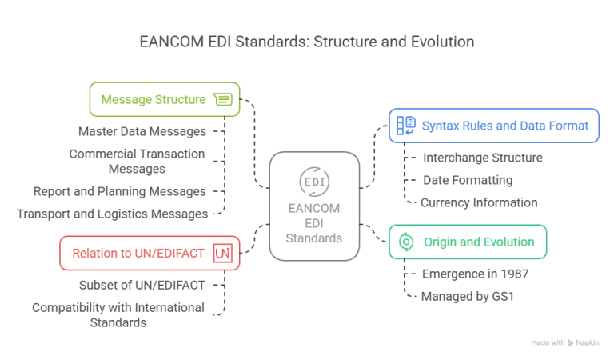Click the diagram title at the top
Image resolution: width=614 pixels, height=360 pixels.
(307, 42)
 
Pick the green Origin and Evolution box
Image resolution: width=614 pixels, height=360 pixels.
(468, 242)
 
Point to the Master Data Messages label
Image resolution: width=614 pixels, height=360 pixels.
(142, 130)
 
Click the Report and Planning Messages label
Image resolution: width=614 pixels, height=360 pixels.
(120, 191)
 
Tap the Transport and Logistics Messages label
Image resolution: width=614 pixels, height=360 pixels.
(112, 214)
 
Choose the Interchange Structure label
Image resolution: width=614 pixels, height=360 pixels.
(483, 158)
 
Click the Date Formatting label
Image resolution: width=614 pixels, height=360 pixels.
(467, 180)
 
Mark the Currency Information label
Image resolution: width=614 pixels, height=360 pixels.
(479, 202)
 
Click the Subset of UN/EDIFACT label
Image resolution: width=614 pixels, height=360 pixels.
(142, 284)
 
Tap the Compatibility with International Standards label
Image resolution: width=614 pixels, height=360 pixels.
(118, 314)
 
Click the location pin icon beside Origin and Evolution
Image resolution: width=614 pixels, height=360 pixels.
(405, 242)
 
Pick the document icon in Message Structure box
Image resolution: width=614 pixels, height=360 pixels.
(223, 99)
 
